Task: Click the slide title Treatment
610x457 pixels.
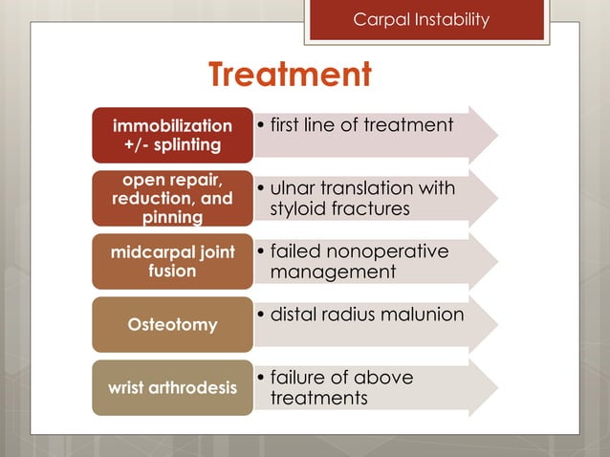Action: tap(290, 75)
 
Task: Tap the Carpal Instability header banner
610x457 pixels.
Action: tap(426, 20)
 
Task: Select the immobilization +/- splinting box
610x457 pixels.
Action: tap(172, 135)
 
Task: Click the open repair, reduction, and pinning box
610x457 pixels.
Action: tap(172, 198)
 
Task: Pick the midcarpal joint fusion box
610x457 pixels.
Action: tap(172, 261)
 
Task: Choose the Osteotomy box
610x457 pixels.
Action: tap(172, 325)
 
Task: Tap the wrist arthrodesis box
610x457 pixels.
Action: tap(172, 387)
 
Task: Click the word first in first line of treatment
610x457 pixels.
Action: tap(291, 125)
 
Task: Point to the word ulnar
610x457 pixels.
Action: tap(295, 187)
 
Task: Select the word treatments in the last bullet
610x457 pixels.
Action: tap(318, 398)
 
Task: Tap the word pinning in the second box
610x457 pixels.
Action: tap(172, 218)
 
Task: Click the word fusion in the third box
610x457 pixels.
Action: tap(172, 272)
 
